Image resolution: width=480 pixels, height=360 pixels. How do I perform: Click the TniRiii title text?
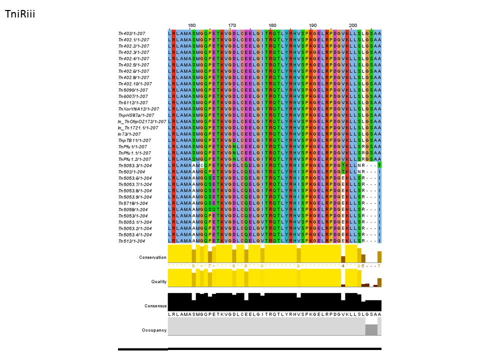[19, 13]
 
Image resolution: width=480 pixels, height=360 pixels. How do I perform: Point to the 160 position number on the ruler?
[192, 25]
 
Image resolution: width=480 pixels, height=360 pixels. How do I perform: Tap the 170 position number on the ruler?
[232, 25]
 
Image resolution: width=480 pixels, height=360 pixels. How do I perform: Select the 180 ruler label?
[272, 25]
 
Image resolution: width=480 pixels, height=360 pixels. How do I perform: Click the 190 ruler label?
[313, 25]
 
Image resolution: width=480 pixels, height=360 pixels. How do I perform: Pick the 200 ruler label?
[353, 25]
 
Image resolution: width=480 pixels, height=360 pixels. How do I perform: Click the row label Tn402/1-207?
[131, 33]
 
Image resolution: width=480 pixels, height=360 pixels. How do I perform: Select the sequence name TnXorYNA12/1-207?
[138, 109]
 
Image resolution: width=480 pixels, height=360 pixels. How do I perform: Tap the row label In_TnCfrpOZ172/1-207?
[142, 121]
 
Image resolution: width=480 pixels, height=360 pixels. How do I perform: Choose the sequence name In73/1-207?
[129, 134]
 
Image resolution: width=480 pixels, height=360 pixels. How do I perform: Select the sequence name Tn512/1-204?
[131, 241]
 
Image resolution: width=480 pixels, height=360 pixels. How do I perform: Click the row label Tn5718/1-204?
[132, 203]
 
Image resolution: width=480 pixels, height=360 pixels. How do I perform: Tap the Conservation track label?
[152, 257]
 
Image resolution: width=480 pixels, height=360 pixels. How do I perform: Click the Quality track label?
[158, 281]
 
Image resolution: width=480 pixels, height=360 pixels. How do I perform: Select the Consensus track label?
[155, 305]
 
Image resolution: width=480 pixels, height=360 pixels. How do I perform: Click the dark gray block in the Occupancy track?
[371, 330]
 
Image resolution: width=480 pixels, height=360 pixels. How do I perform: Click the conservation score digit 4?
[342, 266]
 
